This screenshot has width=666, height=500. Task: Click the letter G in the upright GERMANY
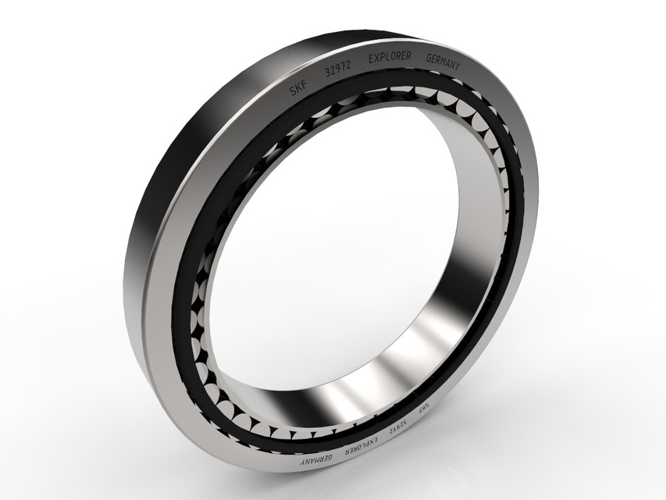428,59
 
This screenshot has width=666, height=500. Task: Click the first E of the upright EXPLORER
369,59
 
